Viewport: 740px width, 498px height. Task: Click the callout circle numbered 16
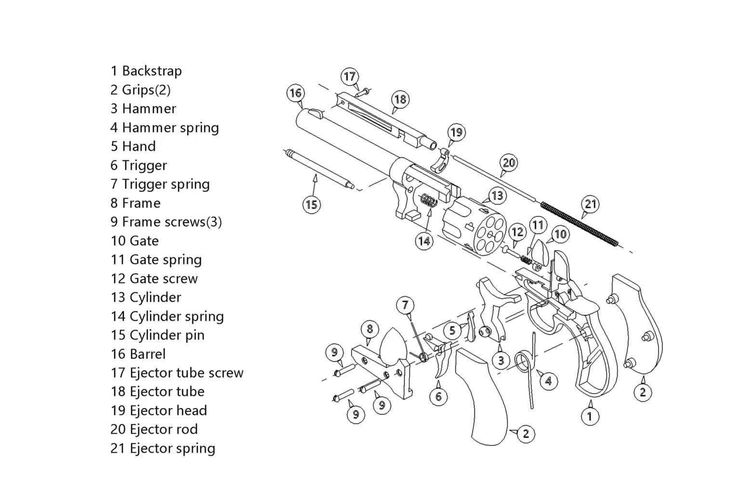(x=295, y=93)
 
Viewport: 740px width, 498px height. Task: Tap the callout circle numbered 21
(x=591, y=204)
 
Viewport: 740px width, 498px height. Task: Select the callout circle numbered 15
(x=312, y=204)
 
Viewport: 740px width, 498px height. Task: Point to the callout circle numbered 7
(x=405, y=305)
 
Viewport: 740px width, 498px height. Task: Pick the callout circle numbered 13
(x=497, y=195)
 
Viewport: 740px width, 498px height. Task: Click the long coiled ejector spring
(x=578, y=224)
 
